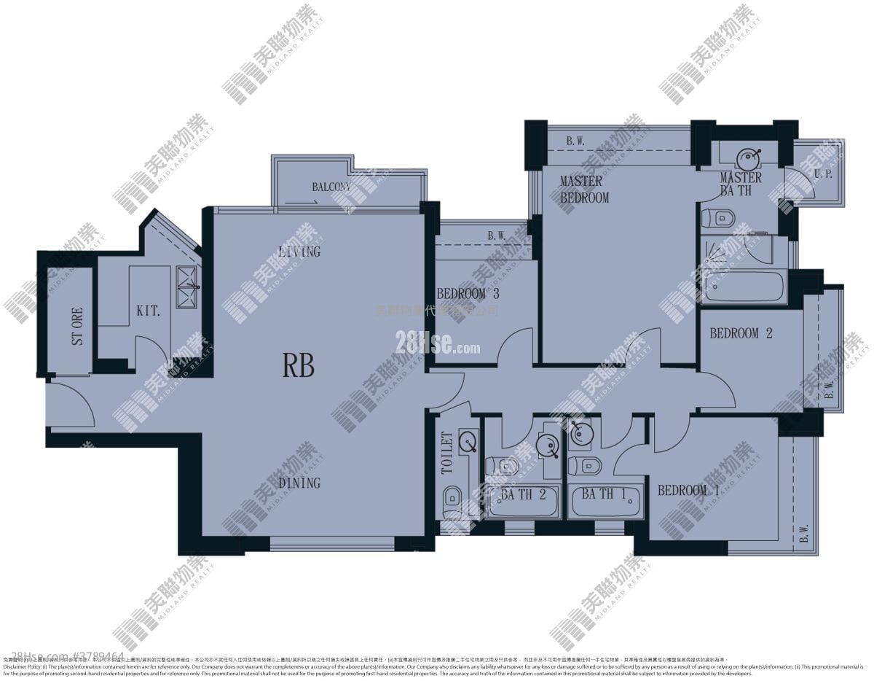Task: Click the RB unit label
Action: (x=299, y=366)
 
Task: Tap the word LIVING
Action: (x=299, y=252)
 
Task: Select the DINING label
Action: (x=299, y=483)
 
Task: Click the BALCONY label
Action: (x=331, y=187)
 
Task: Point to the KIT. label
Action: (x=148, y=311)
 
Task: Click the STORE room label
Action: (x=77, y=326)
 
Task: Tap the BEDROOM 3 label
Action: (x=468, y=294)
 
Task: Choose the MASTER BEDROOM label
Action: (x=584, y=189)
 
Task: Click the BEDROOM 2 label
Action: (x=741, y=333)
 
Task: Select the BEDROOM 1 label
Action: (x=688, y=491)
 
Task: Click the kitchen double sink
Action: (x=187, y=288)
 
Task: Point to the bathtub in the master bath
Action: (x=744, y=288)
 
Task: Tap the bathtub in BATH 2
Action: (x=523, y=502)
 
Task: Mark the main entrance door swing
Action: (x=73, y=405)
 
